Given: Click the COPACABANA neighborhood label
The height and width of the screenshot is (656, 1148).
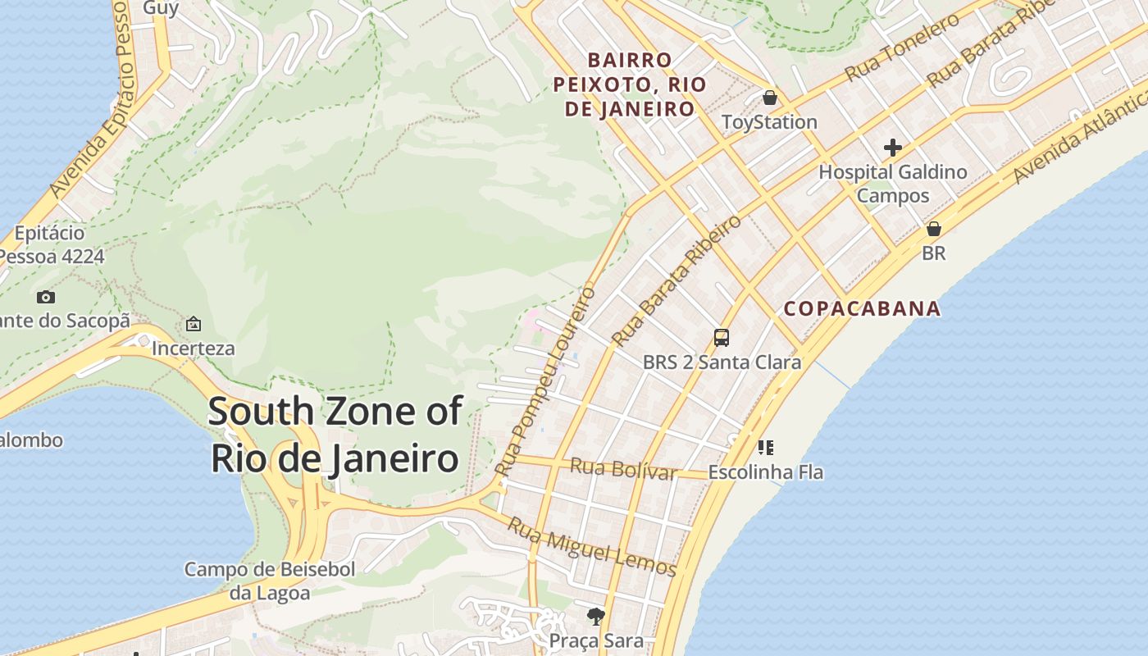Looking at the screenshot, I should [862, 309].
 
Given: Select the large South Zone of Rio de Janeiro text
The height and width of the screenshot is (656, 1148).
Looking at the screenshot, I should [335, 435].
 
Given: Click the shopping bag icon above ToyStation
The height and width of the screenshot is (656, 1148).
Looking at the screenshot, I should [769, 98].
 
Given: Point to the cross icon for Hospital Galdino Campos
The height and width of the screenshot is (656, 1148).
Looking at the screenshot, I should [892, 148].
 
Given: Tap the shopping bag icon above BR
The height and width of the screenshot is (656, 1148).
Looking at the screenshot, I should [933, 229].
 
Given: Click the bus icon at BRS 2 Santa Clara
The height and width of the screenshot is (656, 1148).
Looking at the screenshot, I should [721, 337].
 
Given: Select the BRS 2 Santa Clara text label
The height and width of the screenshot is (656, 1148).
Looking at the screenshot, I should [722, 362].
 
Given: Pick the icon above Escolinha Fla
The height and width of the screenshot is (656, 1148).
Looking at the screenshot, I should [765, 448].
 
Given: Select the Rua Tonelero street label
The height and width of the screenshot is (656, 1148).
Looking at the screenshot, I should [902, 48].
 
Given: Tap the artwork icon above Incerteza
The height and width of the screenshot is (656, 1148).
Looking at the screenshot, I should [193, 324].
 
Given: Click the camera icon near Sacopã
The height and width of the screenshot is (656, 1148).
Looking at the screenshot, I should [46, 297].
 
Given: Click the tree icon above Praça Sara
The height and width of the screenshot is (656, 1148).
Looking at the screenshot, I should [595, 615].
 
